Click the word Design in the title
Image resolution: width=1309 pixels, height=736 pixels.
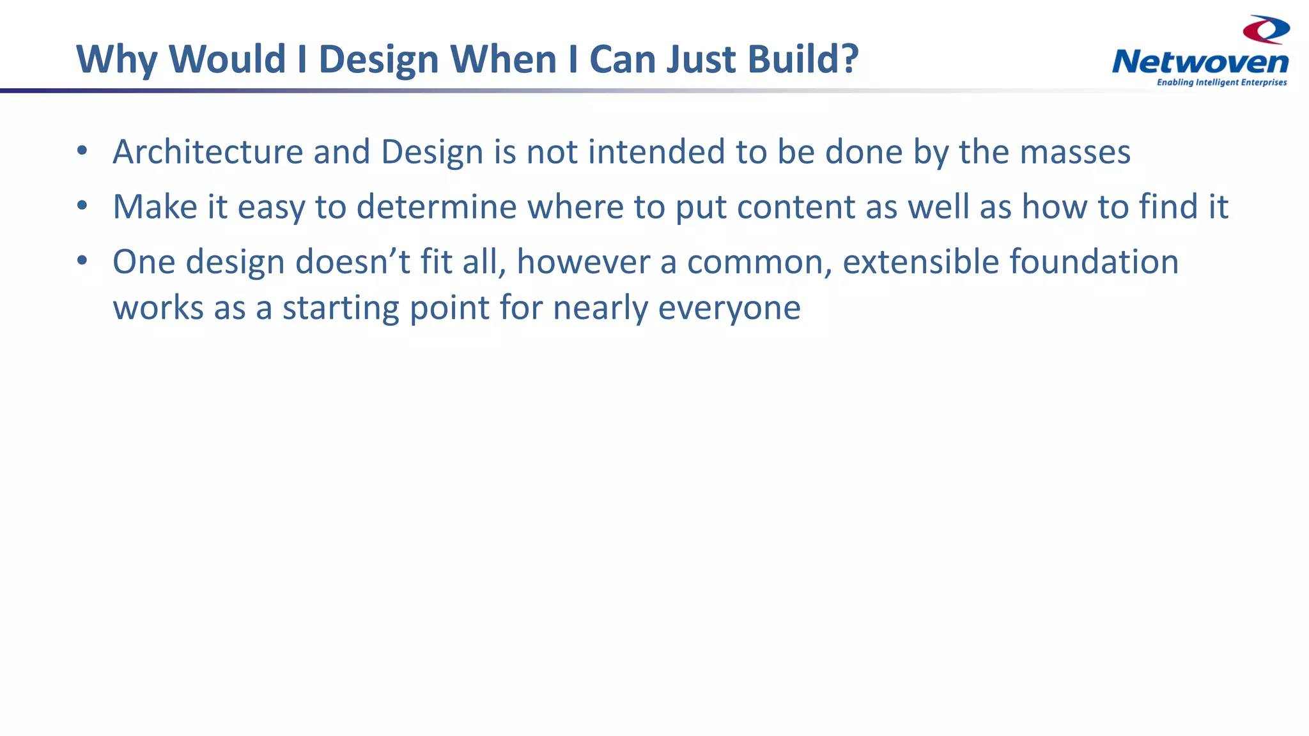tap(378, 59)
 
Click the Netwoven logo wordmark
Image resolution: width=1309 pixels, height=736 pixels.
tap(1200, 63)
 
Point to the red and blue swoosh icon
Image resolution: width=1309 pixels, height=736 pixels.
tap(1266, 29)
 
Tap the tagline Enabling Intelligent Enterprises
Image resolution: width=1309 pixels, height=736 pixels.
tap(1221, 82)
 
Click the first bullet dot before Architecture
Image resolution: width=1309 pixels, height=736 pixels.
tap(82, 151)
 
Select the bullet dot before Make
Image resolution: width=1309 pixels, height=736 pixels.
tap(82, 206)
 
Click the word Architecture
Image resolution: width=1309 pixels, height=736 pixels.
tap(208, 152)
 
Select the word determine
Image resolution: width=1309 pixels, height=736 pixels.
tap(436, 207)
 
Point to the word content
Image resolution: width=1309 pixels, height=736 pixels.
tap(796, 207)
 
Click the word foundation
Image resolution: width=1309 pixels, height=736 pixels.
tap(1094, 262)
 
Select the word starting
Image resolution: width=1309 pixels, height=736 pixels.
tap(341, 308)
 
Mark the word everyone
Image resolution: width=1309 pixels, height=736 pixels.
tap(729, 308)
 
